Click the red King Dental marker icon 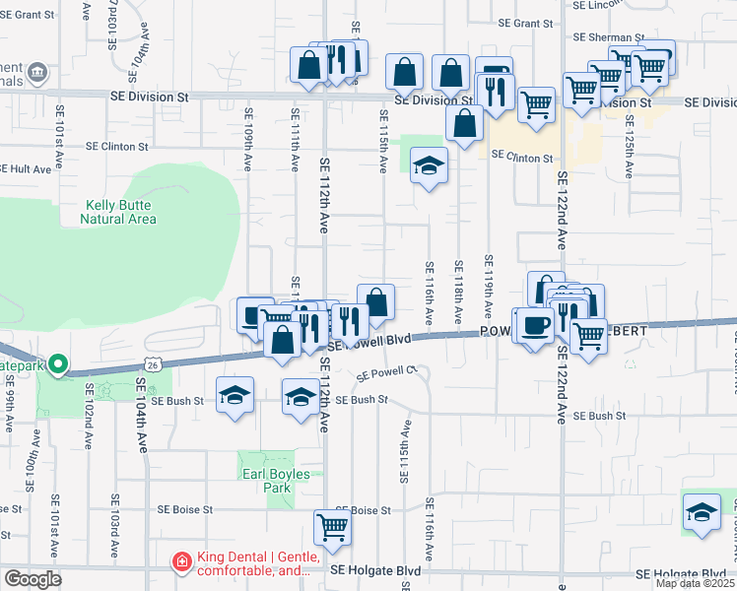coord(181,562)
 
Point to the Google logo coord(33,579)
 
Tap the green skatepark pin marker coord(58,365)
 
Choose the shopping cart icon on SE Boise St coord(332,527)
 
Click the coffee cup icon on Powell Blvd coord(536,324)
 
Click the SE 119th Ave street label coord(488,290)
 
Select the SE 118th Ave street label coord(458,294)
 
